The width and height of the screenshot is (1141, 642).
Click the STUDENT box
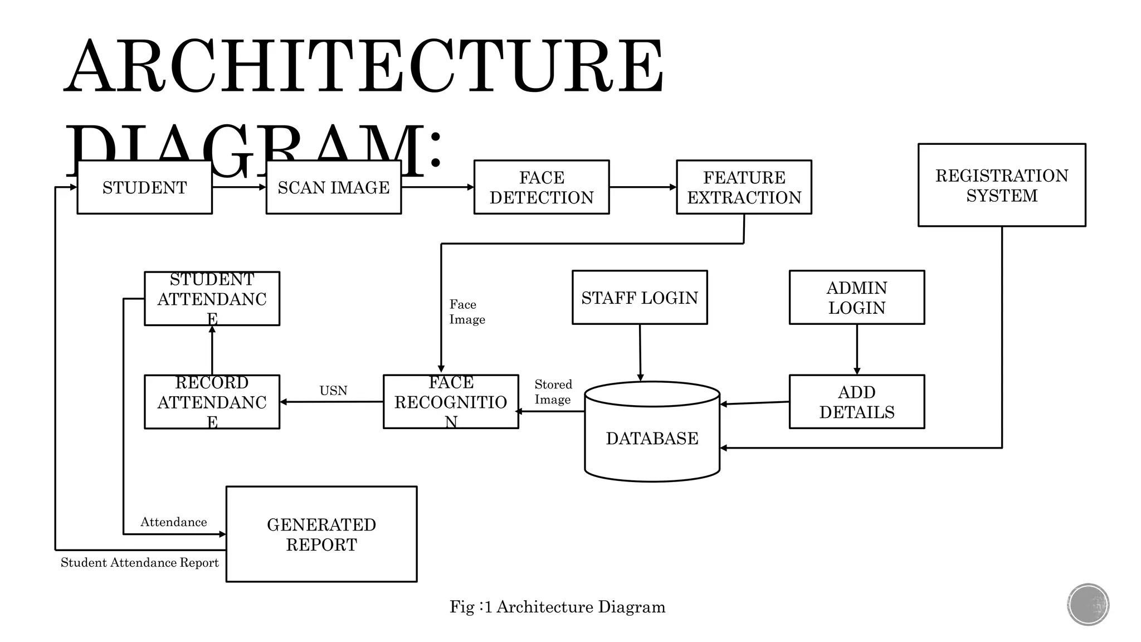coord(144,187)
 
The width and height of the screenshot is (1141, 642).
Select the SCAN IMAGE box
coord(333,187)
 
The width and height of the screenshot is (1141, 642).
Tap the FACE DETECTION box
coord(541,187)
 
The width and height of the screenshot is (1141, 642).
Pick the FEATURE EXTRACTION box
coord(744,187)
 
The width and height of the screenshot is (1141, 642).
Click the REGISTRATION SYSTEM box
coord(1001,185)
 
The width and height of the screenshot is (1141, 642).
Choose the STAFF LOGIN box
coord(640,298)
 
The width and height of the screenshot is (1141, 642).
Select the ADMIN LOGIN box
coord(856,298)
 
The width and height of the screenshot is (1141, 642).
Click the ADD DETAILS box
coord(856,402)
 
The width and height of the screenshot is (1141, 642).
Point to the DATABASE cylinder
coord(652,438)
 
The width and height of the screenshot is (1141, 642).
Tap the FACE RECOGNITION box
coord(451,402)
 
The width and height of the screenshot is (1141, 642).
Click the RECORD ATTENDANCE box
coord(212,402)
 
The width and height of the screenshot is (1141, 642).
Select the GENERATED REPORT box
coord(321,534)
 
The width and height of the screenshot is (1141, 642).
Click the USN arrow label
coord(333,391)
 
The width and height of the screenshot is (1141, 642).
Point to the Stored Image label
coord(553,392)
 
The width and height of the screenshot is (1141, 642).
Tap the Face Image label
coord(467,312)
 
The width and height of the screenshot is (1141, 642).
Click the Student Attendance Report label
coord(139,562)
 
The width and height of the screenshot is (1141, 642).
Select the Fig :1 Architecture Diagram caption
coord(557,606)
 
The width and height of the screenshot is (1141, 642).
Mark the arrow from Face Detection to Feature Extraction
coord(642,187)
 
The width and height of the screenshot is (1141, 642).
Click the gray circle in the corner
coord(1088,605)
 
